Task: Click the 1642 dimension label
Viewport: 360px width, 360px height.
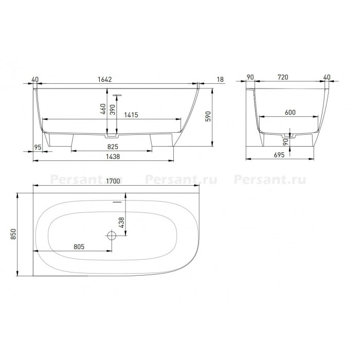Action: point(105,79)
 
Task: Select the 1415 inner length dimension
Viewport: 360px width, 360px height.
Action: point(131,115)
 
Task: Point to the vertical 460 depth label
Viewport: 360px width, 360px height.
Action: point(103,109)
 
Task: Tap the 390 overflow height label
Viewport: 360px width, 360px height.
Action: point(113,110)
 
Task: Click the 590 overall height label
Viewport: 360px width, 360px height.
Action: point(208,116)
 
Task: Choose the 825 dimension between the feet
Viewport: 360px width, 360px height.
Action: point(113,147)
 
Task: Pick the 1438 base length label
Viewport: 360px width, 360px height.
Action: point(113,156)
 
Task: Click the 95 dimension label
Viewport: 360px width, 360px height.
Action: point(38,147)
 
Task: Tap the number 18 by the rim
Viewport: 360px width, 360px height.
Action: point(220,79)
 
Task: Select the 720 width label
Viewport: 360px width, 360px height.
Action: point(283,77)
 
